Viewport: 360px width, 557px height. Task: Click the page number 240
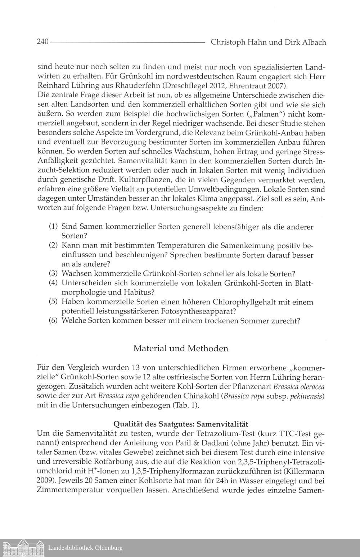point(42,42)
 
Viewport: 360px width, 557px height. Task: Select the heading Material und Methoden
point(181,348)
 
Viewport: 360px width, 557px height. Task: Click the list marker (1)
point(54,227)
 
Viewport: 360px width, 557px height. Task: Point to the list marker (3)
point(54,273)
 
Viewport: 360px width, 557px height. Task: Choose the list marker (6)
point(54,320)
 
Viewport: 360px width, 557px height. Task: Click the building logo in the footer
point(22,548)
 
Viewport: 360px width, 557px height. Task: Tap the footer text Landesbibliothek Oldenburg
point(85,548)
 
